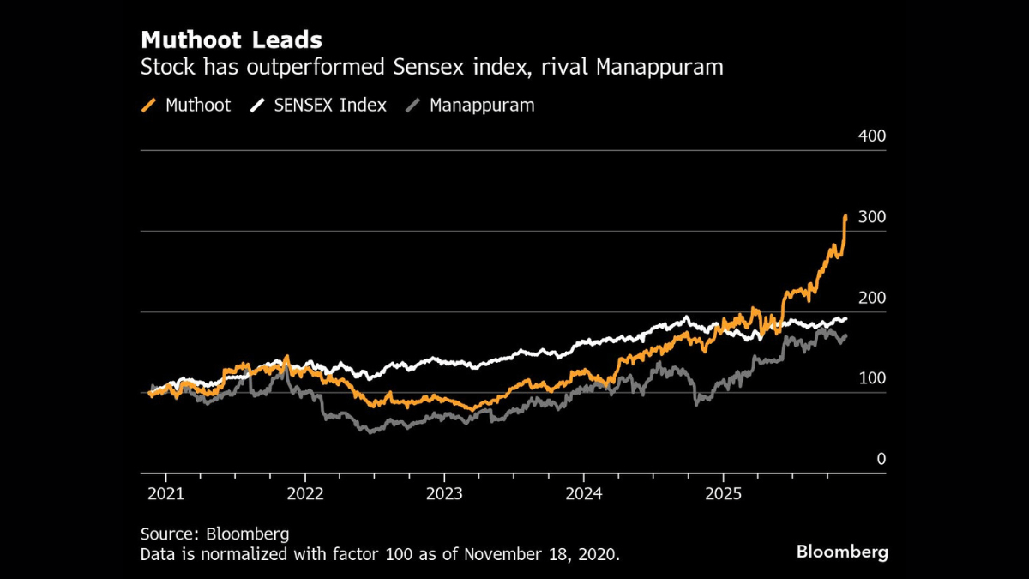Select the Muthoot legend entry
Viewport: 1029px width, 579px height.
[x=197, y=105]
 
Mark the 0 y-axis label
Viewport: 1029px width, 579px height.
[x=881, y=459]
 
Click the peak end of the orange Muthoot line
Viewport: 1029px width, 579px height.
[x=845, y=217]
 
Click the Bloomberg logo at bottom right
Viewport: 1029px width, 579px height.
[x=842, y=552]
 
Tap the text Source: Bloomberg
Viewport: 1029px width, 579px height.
[x=214, y=534]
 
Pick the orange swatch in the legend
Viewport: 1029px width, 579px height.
[x=149, y=106]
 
